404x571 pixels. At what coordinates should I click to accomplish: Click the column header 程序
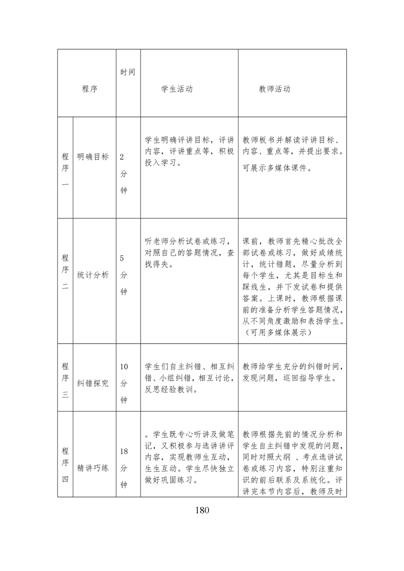(x=90, y=89)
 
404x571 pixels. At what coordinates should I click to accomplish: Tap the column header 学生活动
(x=177, y=89)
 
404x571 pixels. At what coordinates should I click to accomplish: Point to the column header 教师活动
(x=275, y=89)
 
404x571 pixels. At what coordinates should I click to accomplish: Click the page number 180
(x=202, y=510)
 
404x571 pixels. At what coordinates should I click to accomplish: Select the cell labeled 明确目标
(x=93, y=157)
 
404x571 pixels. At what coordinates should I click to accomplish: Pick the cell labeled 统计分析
(x=93, y=275)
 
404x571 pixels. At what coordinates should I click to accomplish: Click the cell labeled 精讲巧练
(x=93, y=468)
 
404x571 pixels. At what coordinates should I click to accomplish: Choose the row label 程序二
(x=65, y=272)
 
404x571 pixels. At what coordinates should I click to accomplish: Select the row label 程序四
(x=65, y=464)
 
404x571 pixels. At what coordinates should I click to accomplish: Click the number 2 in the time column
(x=122, y=157)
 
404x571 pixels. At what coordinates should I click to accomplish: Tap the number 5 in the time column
(x=122, y=259)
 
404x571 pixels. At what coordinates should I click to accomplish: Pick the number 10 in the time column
(x=124, y=367)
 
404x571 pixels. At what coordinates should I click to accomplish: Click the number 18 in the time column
(x=124, y=451)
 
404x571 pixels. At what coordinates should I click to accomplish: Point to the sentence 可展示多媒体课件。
(x=277, y=168)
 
